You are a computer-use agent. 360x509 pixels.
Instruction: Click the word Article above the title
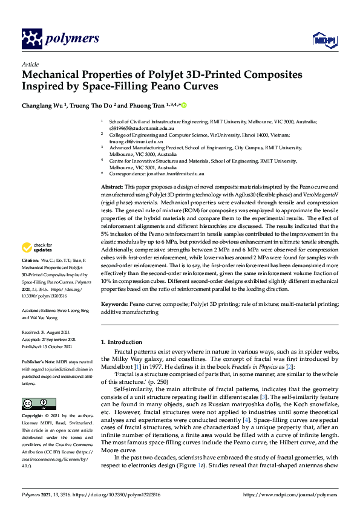[30, 64]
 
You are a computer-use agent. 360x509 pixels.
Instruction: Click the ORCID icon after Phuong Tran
[183, 105]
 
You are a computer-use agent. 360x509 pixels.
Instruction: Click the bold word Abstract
[111, 189]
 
